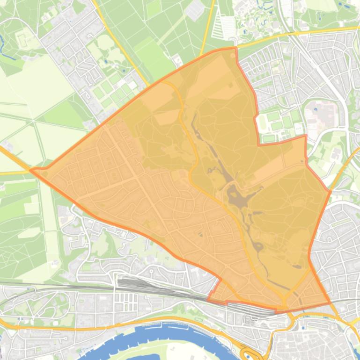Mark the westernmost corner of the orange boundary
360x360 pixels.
click(31, 170)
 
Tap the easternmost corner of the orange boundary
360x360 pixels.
click(331, 191)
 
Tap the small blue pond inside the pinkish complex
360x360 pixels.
click(315, 108)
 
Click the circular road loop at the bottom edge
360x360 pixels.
click(247, 353)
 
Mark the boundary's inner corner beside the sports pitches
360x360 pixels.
click(259, 145)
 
